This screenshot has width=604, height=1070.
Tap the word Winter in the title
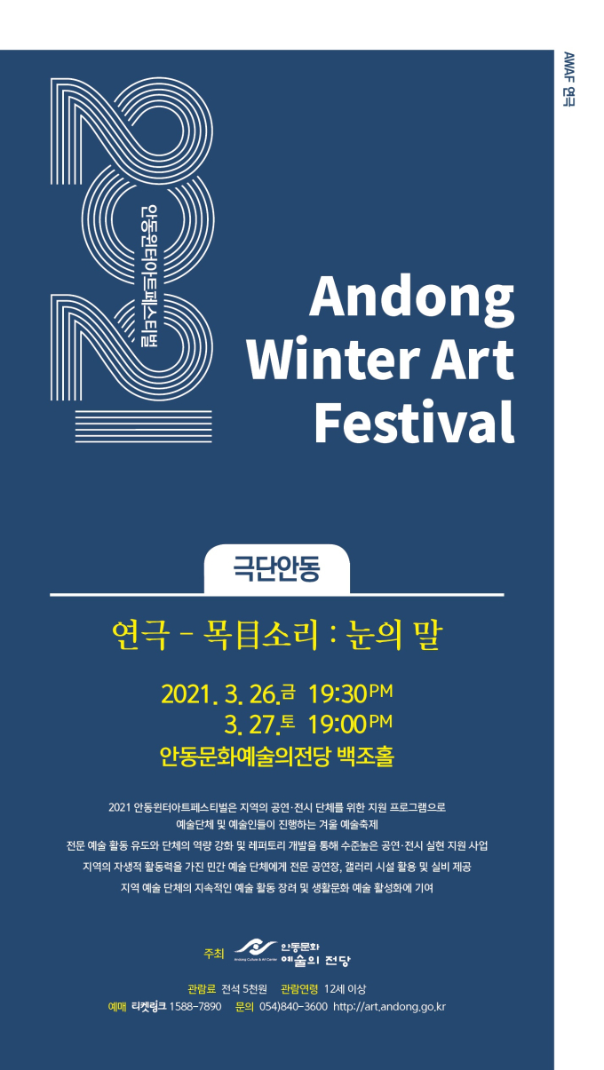(x=333, y=359)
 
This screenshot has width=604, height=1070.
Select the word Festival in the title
(x=414, y=422)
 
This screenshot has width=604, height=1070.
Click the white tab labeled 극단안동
(x=276, y=568)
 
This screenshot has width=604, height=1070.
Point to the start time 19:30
(x=338, y=694)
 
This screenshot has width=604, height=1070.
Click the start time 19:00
(x=338, y=725)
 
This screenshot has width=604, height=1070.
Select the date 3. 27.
(x=251, y=725)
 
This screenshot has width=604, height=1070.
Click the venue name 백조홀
(x=366, y=757)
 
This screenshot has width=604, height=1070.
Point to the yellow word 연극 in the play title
(x=140, y=635)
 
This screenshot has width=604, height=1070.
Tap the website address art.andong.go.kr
(x=389, y=1007)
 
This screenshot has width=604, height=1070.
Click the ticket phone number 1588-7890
(x=195, y=1007)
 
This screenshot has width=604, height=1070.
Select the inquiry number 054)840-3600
(x=293, y=1007)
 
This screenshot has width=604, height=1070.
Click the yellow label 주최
(x=213, y=954)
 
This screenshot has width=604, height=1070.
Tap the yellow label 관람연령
(x=299, y=989)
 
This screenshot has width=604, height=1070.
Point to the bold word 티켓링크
(x=148, y=1007)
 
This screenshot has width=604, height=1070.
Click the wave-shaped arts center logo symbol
(x=256, y=947)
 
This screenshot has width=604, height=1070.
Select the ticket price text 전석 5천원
(x=244, y=989)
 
